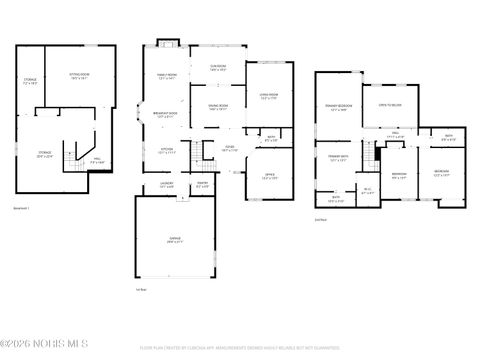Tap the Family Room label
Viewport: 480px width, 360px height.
[166, 76]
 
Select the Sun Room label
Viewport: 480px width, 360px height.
[218, 68]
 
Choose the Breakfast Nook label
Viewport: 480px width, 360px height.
[166, 114]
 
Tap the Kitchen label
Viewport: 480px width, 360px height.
[167, 151]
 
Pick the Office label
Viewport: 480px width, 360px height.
[269, 176]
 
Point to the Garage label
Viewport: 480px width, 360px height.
[175, 239]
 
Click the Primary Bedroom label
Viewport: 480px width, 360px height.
[337, 107]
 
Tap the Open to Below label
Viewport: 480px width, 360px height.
[390, 103]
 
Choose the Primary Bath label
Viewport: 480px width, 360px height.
[337, 157]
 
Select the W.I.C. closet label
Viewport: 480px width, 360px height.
[368, 191]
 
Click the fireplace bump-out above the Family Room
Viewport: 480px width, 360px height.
[167, 43]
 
